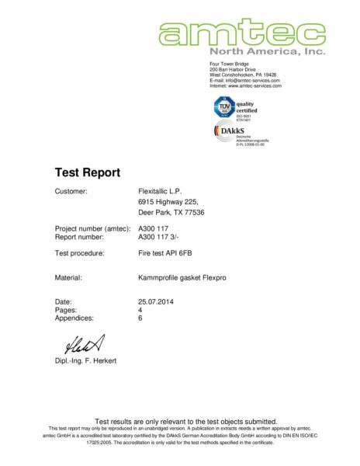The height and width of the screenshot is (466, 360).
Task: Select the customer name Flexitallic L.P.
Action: (160, 190)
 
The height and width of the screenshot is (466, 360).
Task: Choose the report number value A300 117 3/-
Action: (158, 236)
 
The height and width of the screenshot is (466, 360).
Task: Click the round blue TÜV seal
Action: (222, 106)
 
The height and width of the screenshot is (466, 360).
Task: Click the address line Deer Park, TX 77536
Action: (171, 213)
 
